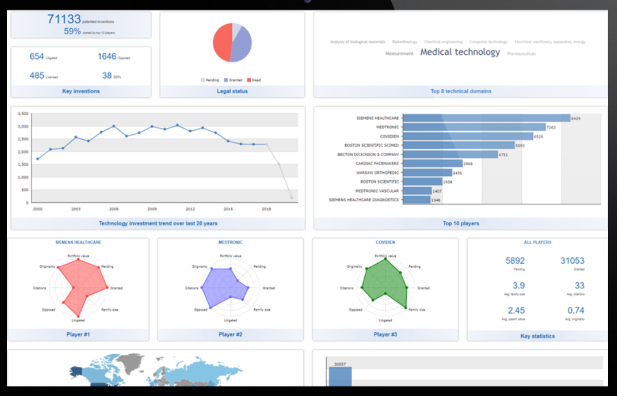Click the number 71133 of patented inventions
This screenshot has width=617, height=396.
[64, 19]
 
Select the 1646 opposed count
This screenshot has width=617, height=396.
[107, 56]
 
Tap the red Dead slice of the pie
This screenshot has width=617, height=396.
[222, 43]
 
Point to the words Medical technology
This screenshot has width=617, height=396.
[460, 52]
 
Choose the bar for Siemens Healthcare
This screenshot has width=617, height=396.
[486, 118]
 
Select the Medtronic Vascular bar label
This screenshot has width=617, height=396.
[378, 190]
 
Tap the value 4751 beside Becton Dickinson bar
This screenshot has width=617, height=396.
[503, 155]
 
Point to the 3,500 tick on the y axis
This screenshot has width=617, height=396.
[23, 114]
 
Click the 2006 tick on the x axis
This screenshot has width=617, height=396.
[114, 209]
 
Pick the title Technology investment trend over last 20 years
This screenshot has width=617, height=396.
[158, 223]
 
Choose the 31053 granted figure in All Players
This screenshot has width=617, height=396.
[572, 261]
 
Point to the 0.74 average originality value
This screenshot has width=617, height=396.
[575, 310]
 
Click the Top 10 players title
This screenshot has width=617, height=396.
[460, 223]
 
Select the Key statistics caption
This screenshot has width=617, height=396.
[537, 336]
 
